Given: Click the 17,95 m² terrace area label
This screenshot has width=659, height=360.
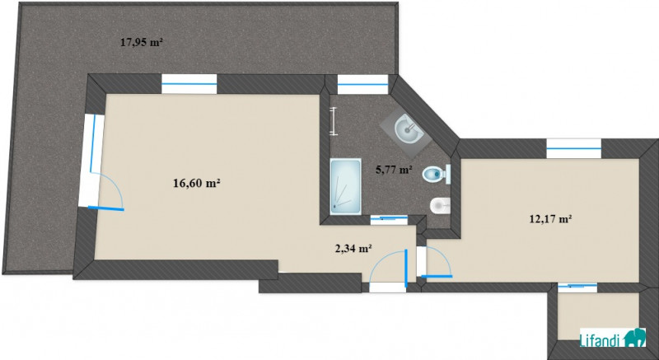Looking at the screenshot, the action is click(x=141, y=42).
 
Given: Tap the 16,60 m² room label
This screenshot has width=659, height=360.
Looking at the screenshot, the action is click(x=197, y=183).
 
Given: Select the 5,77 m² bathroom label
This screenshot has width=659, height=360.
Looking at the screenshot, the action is click(x=394, y=170).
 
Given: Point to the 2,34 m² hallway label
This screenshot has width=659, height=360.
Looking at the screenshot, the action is click(x=353, y=248).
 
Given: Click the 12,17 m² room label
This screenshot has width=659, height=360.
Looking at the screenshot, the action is click(x=550, y=219).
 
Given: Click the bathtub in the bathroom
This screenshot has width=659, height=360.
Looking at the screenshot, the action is click(x=345, y=186).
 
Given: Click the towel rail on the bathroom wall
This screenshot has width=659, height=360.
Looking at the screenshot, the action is click(x=334, y=121).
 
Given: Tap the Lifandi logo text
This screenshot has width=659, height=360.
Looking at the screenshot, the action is click(x=601, y=339).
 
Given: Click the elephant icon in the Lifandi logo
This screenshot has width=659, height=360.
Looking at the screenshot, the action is click(x=633, y=338).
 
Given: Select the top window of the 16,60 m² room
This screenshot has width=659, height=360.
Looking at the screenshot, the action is click(x=189, y=84).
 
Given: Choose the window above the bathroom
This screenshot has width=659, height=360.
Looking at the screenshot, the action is click(x=362, y=84).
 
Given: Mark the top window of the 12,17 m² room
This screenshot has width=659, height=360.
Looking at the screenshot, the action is click(x=574, y=148).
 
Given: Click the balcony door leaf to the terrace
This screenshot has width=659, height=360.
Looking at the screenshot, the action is click(x=106, y=208).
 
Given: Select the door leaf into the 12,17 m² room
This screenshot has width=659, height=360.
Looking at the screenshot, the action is click(x=437, y=277).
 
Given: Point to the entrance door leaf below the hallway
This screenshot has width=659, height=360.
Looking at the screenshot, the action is click(x=406, y=269).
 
